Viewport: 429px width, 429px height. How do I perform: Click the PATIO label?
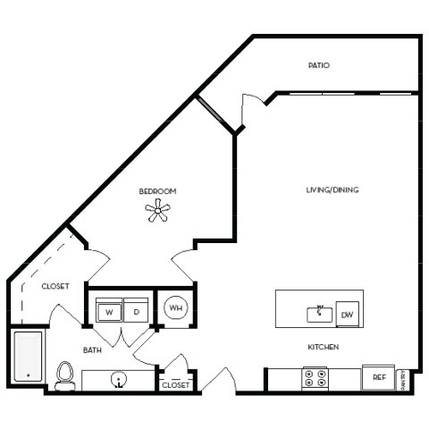319,65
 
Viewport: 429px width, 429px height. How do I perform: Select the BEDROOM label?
157,191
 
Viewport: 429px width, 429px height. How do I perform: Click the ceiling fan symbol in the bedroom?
157,211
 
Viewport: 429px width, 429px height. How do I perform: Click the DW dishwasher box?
349,314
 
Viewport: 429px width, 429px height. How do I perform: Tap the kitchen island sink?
319,314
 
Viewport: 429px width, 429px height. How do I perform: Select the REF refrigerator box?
379,378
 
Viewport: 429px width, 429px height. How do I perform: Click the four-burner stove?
315,378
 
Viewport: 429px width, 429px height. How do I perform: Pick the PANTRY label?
402,379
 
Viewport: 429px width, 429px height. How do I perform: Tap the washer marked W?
109,312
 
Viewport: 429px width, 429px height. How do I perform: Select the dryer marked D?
136,312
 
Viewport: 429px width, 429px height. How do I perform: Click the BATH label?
92,350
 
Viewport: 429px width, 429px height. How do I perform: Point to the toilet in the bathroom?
64,375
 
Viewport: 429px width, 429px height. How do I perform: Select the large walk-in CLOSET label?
55,286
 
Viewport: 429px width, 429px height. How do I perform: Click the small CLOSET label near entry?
175,384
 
